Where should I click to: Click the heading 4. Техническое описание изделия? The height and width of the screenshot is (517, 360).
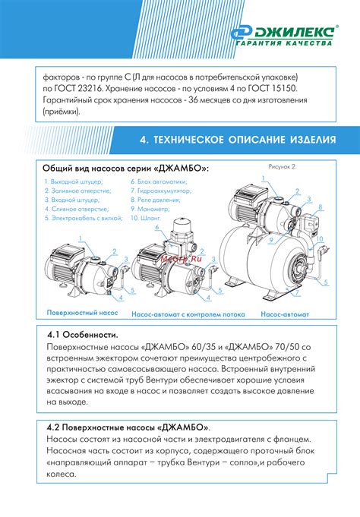click(238, 140)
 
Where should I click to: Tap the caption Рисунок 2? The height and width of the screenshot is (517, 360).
click(283, 167)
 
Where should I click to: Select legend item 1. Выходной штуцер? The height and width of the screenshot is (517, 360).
click(74, 181)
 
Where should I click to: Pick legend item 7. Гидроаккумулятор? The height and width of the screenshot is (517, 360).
click(161, 191)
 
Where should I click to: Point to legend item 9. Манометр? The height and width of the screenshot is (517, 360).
click(150, 209)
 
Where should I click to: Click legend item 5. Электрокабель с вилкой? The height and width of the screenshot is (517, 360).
click(84, 218)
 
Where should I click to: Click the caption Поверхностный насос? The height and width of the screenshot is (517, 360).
click(82, 313)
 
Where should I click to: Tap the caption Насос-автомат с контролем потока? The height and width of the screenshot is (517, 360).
click(188, 314)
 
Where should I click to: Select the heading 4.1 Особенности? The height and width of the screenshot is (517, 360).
click(83, 335)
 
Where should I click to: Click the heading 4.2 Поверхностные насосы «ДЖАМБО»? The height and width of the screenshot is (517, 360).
click(128, 427)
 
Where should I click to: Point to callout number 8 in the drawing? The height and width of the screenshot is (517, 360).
click(320, 207)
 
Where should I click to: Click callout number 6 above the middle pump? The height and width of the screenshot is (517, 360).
click(157, 227)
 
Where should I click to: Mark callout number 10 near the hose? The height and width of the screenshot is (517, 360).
click(320, 239)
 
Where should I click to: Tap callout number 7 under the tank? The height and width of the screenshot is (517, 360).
click(297, 292)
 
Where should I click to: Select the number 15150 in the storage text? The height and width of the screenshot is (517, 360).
click(286, 89)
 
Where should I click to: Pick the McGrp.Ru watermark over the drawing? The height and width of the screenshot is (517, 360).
click(182, 258)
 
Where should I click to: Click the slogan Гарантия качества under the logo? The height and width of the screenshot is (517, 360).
click(285, 43)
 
